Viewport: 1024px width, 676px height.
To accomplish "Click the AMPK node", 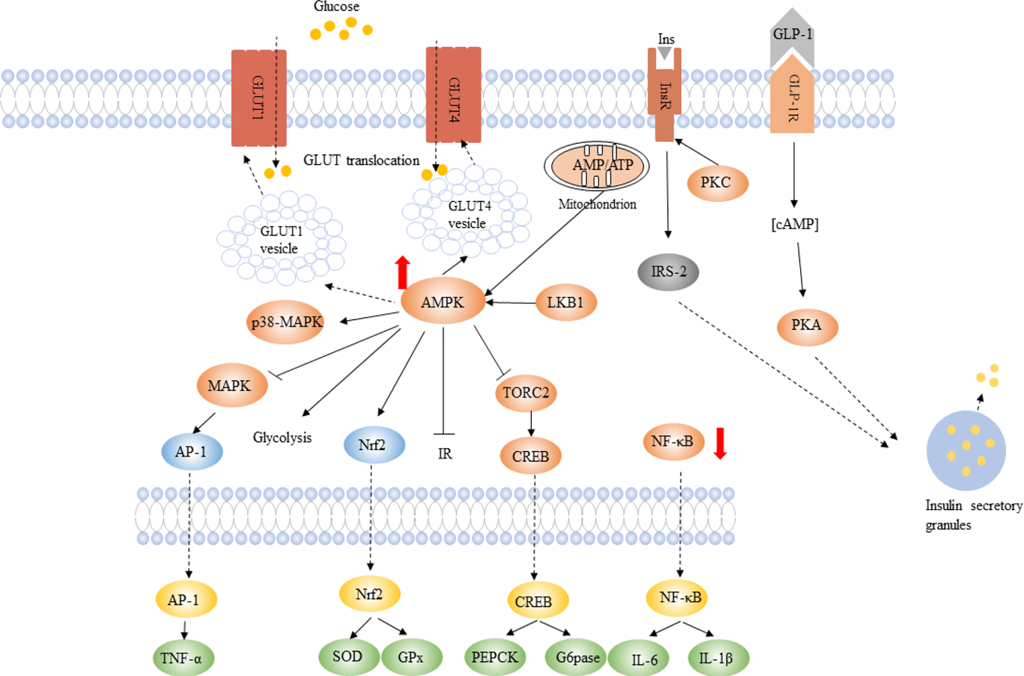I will (442, 302).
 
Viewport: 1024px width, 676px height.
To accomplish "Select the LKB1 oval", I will (565, 302).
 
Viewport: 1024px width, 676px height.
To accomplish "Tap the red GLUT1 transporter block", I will (258, 98).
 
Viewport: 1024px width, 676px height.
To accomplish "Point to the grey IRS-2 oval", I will (668, 271).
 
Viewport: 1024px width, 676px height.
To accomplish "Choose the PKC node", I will (717, 183).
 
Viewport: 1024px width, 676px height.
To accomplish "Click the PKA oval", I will (807, 326).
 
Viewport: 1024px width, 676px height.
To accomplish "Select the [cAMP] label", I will (795, 224).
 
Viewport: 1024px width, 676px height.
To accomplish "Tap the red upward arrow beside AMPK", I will (402, 273).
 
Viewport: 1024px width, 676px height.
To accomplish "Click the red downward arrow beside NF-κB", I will (720, 443).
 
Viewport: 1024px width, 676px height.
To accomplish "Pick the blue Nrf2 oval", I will (373, 445).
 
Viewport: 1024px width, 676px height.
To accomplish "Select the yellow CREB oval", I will (538, 601).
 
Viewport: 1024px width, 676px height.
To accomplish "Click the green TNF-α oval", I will (183, 658).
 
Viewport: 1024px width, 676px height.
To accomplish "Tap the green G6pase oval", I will (576, 657).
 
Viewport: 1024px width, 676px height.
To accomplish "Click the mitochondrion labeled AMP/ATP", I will (596, 165).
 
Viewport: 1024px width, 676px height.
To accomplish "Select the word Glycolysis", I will (282, 437).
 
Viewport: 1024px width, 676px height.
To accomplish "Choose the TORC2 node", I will (526, 393).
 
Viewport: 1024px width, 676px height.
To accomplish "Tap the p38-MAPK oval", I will (285, 322).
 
